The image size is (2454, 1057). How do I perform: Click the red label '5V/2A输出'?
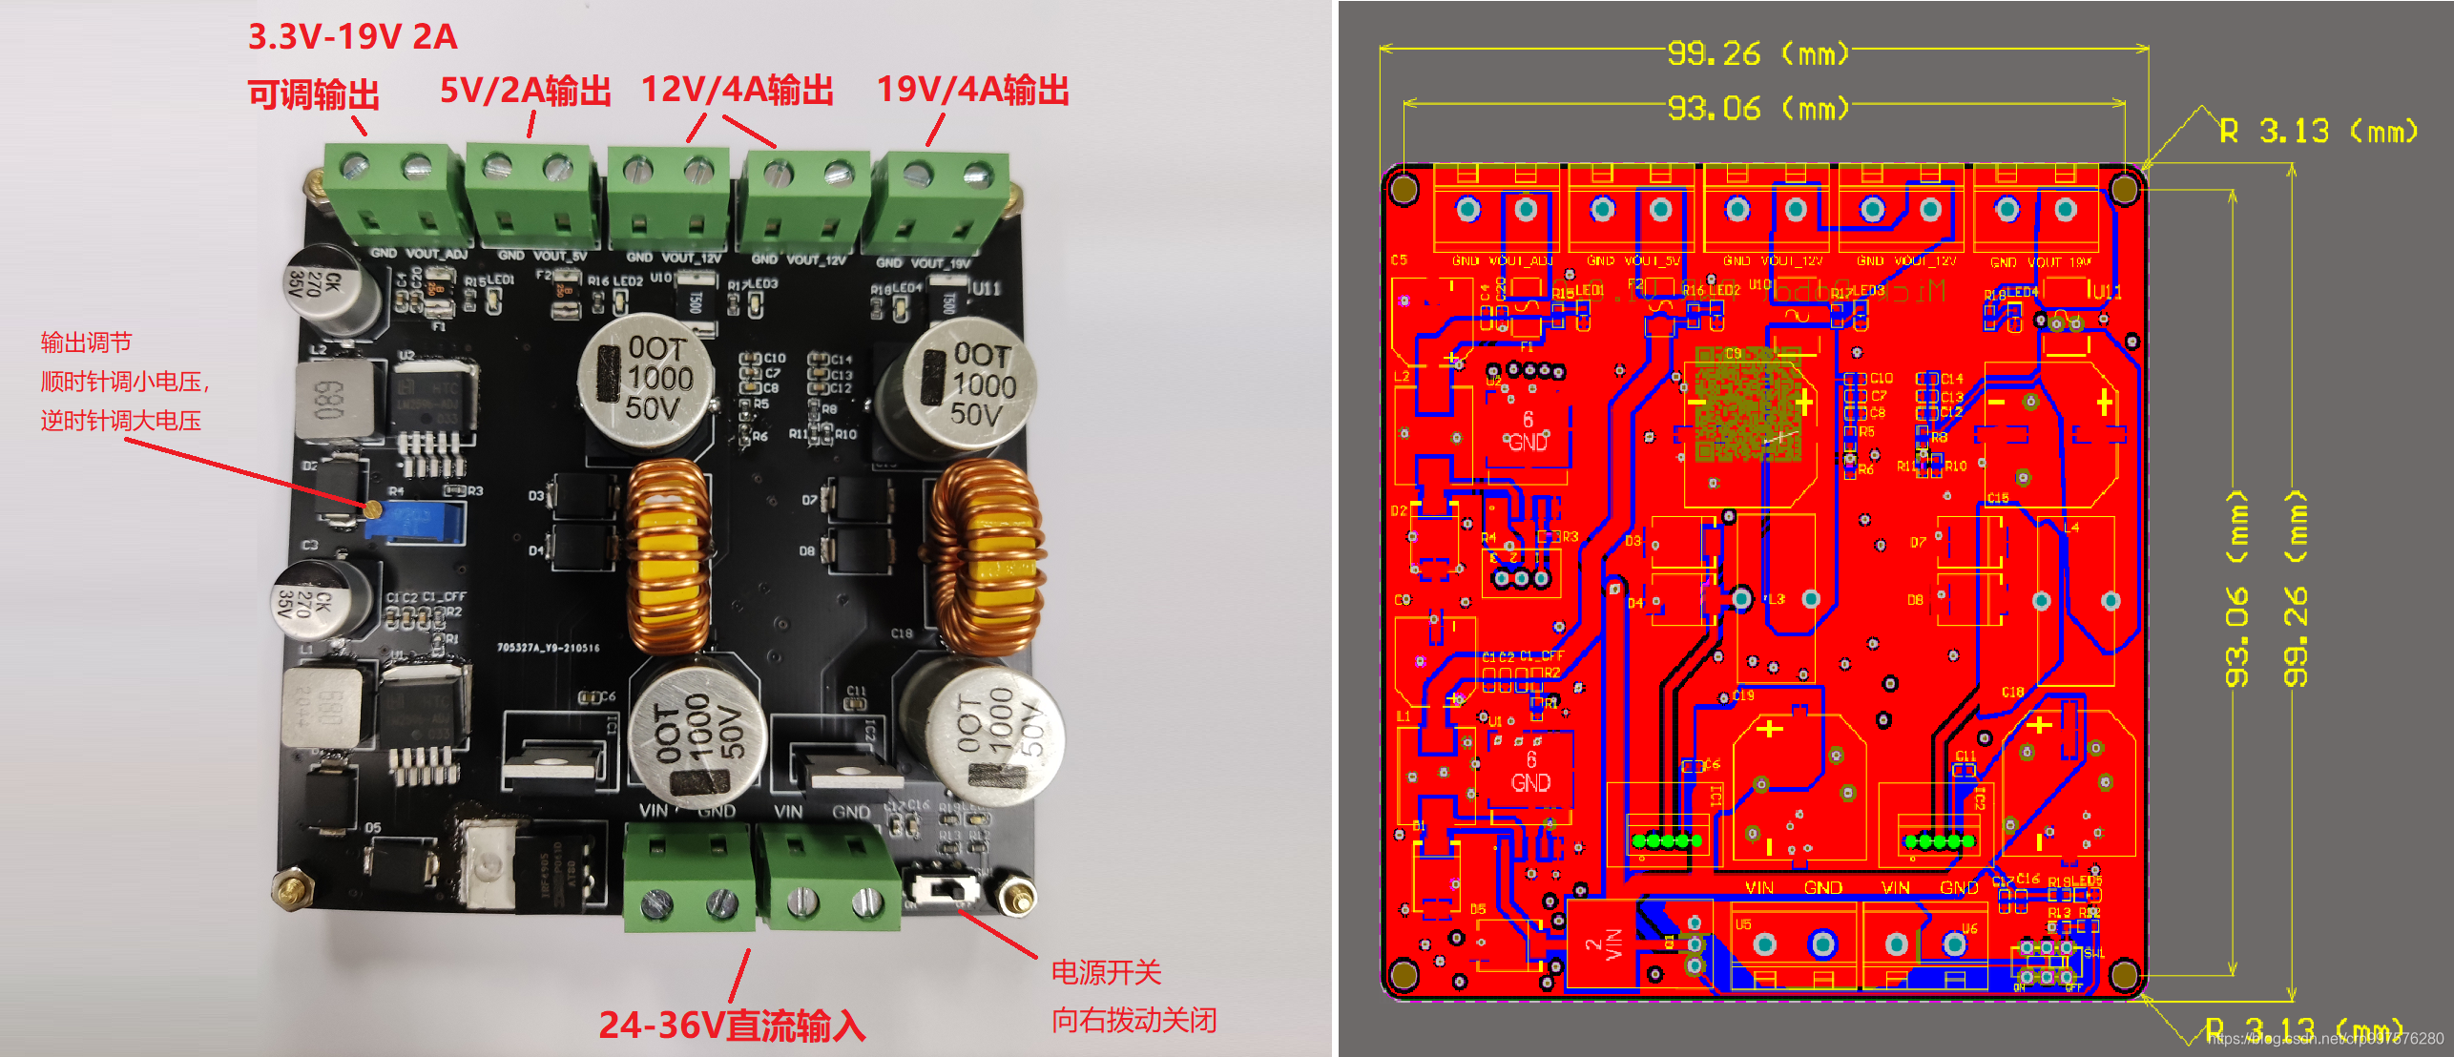click(526, 91)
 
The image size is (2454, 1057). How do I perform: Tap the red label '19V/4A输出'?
click(972, 91)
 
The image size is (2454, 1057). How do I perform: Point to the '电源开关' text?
click(1106, 972)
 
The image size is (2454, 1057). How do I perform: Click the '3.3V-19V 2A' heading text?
click(353, 37)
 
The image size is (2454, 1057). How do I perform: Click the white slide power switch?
click(944, 889)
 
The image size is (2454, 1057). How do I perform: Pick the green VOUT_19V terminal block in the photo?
click(940, 200)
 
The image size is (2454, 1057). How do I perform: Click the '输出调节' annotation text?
click(86, 342)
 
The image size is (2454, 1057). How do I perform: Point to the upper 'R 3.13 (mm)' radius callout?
click(2319, 131)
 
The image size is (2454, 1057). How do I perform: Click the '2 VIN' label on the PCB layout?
click(1603, 944)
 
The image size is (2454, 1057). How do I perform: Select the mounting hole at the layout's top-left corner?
click(1404, 189)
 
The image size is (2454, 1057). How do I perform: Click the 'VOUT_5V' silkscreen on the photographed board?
click(559, 256)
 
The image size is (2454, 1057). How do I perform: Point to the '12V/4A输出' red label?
click(738, 91)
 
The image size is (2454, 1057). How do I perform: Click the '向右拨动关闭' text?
click(1133, 1020)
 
